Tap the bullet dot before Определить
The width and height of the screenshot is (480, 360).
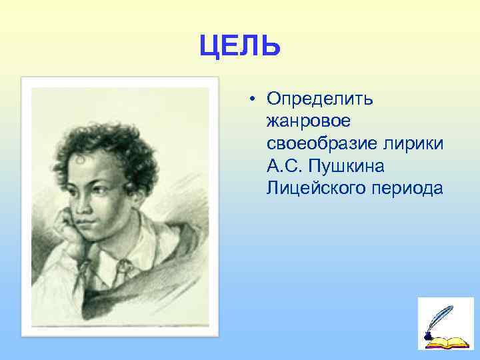pyautogui.click(x=254, y=99)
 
